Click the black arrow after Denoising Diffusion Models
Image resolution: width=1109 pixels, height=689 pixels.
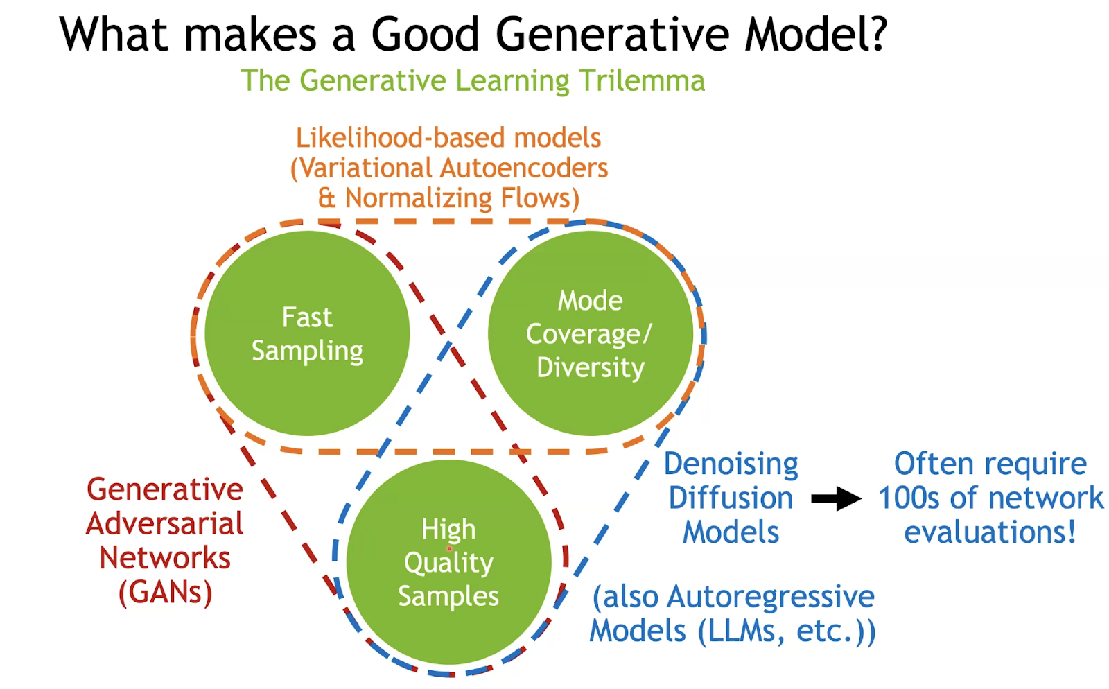(x=836, y=498)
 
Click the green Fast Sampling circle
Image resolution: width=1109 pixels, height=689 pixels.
(x=308, y=333)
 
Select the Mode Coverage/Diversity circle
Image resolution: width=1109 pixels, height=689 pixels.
(x=591, y=333)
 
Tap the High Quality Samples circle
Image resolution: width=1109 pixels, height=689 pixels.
(x=449, y=561)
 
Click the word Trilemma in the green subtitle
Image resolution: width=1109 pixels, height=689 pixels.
(x=642, y=80)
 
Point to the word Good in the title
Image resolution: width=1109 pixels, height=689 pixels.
(x=426, y=34)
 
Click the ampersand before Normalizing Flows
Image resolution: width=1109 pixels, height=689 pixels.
(x=326, y=198)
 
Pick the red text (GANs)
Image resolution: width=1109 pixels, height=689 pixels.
(x=166, y=593)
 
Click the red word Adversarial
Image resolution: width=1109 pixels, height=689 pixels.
(x=164, y=524)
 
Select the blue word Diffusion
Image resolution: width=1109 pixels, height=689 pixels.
(x=731, y=498)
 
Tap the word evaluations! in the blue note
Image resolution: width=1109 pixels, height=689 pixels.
(x=990, y=532)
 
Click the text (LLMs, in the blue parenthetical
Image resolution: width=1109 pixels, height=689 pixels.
(x=741, y=631)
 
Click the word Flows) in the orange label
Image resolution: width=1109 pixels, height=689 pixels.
(x=540, y=198)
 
